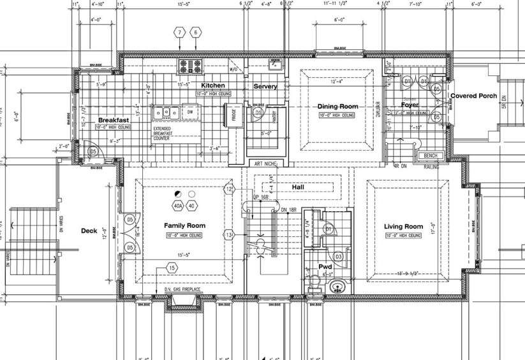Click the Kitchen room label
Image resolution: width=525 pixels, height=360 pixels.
[x=213, y=86]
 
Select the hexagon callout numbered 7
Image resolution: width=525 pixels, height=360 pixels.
[x=181, y=32]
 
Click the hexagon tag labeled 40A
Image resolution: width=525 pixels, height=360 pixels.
[x=178, y=206]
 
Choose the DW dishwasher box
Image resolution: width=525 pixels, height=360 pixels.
[x=190, y=112]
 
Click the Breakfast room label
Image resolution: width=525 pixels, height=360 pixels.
[x=114, y=120]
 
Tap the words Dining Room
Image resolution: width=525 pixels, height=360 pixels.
[x=337, y=107]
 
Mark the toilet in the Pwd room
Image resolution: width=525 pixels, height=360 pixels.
[x=313, y=281]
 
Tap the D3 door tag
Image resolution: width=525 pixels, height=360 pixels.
[x=339, y=257]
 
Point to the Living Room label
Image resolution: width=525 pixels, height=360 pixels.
[x=404, y=227]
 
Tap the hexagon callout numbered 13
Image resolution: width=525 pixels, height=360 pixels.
[x=229, y=236]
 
